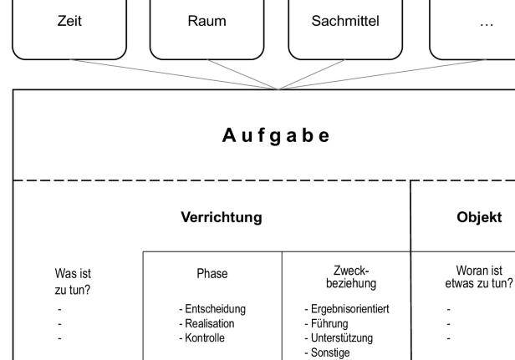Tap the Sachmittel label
[345, 22]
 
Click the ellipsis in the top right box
[486, 23]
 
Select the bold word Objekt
[478, 217]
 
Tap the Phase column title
[211, 273]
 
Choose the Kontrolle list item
[202, 337]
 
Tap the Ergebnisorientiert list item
[346, 309]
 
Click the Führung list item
[329, 323]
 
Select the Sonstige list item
[328, 352]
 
